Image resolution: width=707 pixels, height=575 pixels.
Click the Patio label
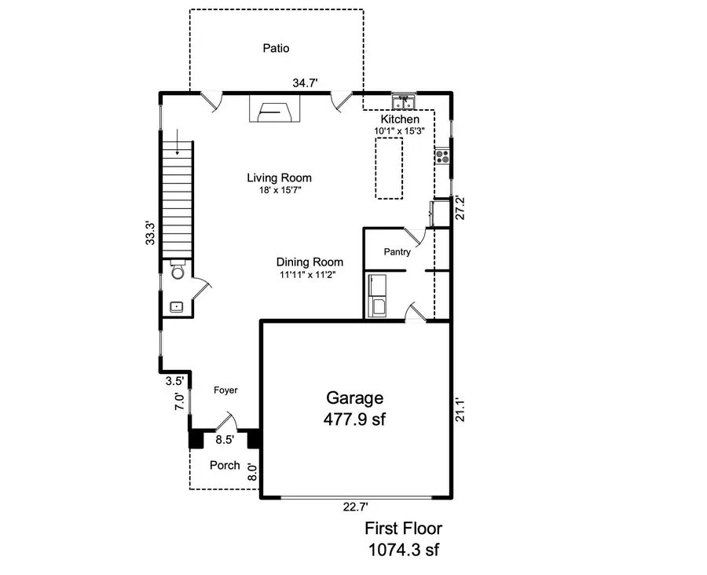tap(275, 49)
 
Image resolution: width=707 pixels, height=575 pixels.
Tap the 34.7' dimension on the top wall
tap(306, 82)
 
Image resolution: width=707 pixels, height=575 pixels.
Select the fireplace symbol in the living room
tap(273, 109)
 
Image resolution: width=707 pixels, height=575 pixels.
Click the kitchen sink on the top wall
tap(405, 101)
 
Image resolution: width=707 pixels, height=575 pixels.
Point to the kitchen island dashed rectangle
tap(389, 167)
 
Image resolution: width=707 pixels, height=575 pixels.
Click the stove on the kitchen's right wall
tap(443, 156)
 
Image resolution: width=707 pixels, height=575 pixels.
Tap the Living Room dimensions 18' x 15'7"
tap(280, 189)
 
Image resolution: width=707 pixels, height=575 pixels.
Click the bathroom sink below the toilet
tap(175, 306)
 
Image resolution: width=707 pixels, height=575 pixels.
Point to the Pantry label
tap(397, 252)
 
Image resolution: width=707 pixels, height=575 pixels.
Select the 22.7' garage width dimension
tap(355, 507)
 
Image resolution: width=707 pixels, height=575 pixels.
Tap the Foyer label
tap(225, 390)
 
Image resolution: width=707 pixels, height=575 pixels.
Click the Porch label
tap(225, 465)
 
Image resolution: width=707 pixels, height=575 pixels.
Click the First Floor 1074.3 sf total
tap(408, 539)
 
